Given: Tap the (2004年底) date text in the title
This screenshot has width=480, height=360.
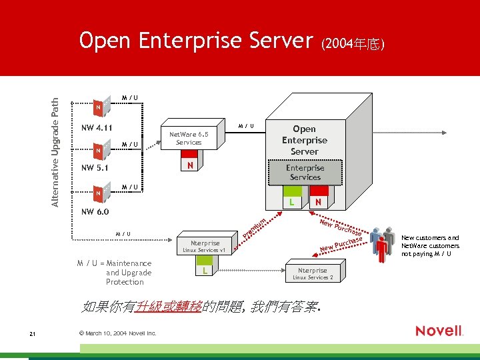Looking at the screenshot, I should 353,44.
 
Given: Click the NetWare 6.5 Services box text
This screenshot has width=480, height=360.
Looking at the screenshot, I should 189,138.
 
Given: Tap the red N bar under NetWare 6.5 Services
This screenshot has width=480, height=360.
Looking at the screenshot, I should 190,165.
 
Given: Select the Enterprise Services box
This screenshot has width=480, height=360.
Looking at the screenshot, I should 305,172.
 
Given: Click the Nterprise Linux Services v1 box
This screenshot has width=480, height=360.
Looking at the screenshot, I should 205,246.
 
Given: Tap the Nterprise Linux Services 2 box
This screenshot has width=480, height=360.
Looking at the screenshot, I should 312,273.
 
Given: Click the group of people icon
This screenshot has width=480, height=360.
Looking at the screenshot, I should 382,244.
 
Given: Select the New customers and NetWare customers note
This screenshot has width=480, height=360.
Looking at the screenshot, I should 430,245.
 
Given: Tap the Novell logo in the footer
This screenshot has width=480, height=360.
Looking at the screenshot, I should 439,331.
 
